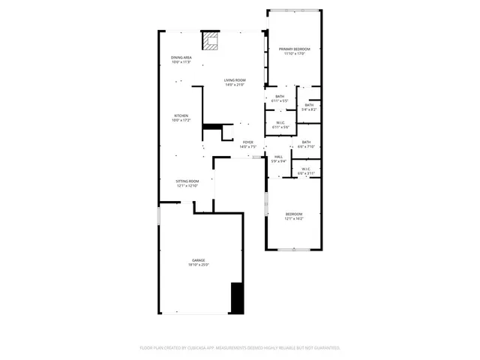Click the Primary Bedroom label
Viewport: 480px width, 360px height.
tap(294, 49)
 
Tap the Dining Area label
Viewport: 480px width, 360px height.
tap(181, 58)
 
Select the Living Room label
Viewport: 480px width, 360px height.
tap(235, 80)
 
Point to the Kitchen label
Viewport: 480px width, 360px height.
tap(181, 115)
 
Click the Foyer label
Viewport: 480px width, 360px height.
tap(247, 142)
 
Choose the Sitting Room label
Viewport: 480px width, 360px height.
tap(187, 181)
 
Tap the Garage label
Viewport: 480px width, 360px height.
tap(198, 260)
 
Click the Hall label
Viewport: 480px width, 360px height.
tap(278, 157)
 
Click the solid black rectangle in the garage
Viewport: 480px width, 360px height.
tap(237, 298)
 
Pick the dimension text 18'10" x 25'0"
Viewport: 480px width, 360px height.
tap(198, 265)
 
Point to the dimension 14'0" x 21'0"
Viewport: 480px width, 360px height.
tap(235, 85)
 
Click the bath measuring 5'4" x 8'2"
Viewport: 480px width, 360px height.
tap(309, 107)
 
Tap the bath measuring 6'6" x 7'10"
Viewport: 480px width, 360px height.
tap(306, 144)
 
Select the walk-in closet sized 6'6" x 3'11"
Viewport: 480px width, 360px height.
tap(306, 171)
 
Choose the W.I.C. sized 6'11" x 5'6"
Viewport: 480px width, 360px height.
tap(280, 125)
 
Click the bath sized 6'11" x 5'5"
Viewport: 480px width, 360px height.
tap(280, 98)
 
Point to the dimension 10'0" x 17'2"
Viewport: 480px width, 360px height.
tap(181, 120)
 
